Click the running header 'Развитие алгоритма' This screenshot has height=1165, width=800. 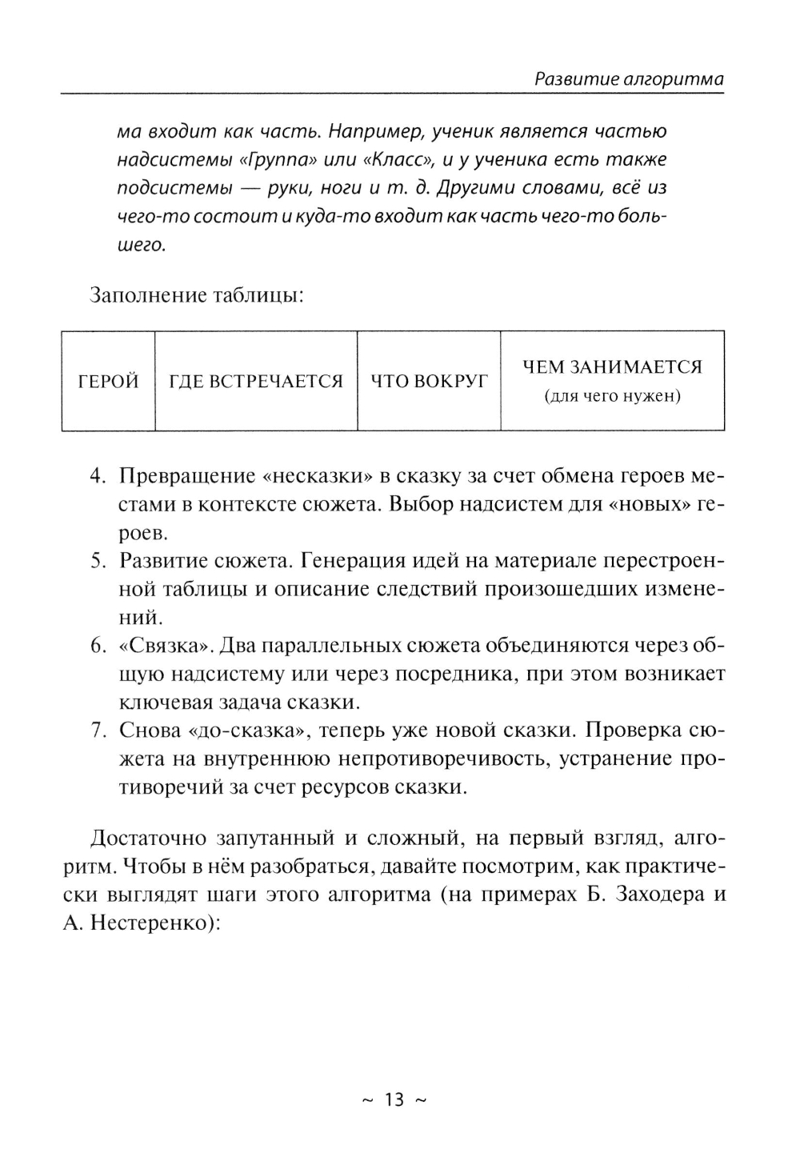[x=629, y=78]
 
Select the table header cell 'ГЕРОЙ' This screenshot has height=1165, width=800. [x=108, y=382]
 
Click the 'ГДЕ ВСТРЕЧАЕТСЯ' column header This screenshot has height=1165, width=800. [x=256, y=382]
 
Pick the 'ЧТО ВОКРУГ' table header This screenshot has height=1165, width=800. [x=429, y=382]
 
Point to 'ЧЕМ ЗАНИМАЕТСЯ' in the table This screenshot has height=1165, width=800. [x=612, y=367]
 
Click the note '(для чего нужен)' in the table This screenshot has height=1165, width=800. [x=612, y=396]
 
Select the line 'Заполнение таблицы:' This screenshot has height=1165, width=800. [x=196, y=295]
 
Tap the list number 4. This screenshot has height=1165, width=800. [x=98, y=476]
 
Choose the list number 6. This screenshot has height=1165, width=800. [x=98, y=646]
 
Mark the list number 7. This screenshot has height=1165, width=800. [x=98, y=731]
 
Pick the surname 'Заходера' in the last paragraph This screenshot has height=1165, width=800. [x=654, y=895]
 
